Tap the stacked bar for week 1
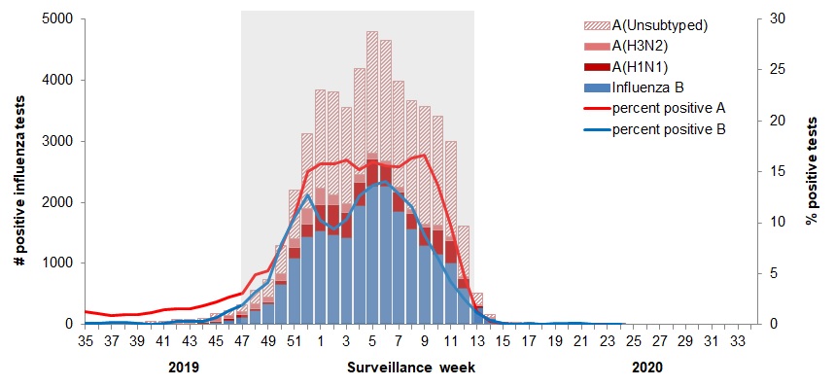point(320,224)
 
